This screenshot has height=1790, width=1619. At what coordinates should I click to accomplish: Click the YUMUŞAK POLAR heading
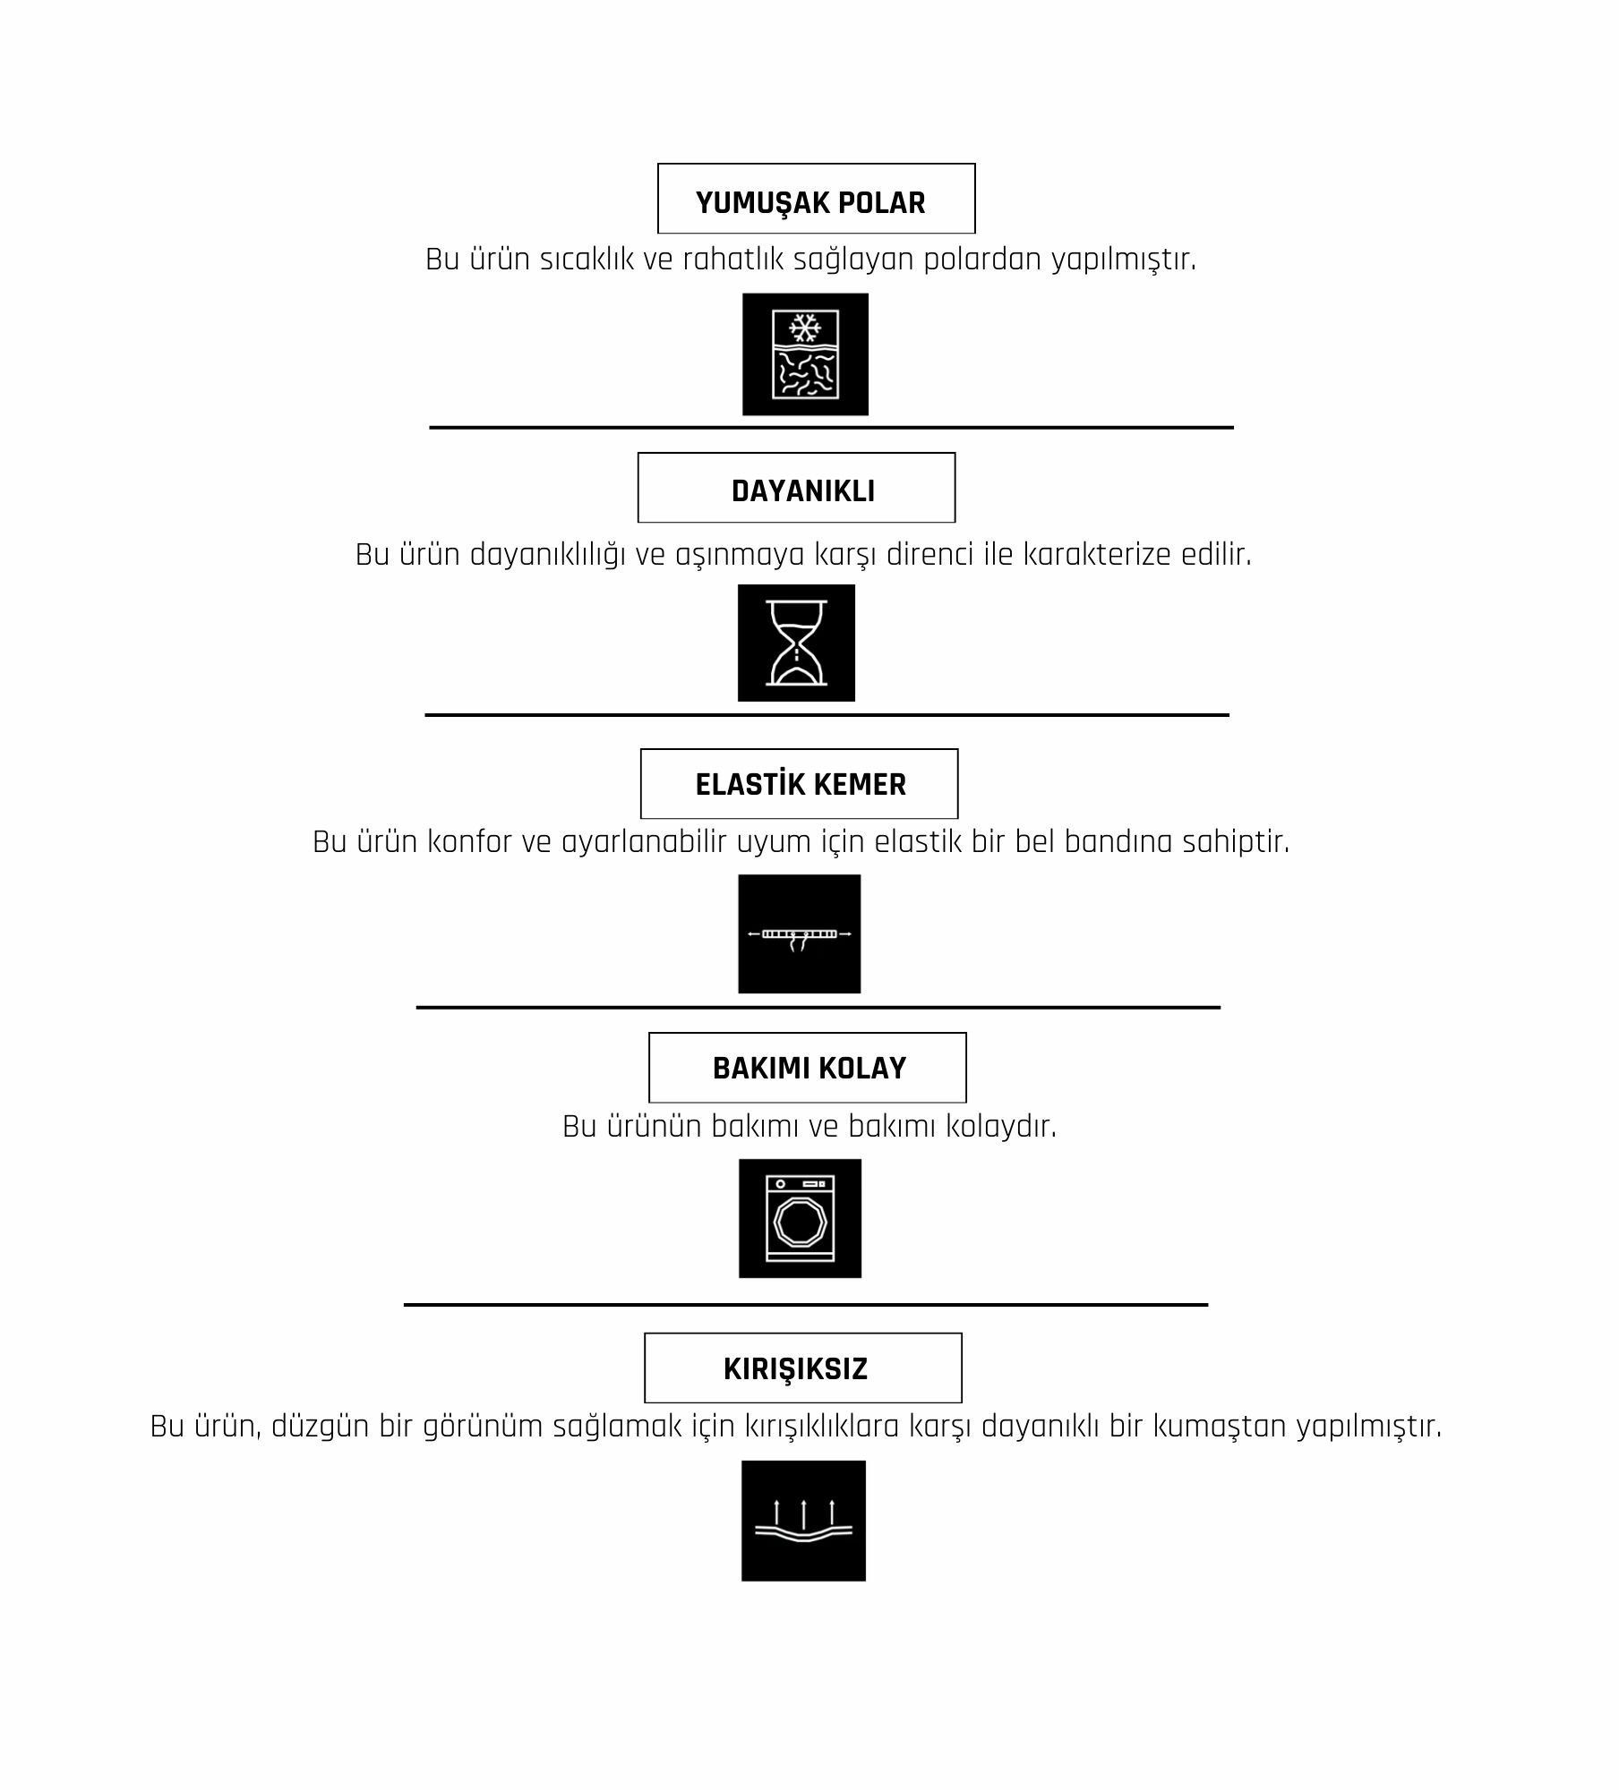pyautogui.click(x=810, y=203)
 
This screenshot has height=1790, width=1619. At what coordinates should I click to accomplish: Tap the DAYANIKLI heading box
pyautogui.click(x=796, y=488)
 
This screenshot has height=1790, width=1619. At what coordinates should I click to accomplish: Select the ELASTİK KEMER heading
pyautogui.click(x=801, y=784)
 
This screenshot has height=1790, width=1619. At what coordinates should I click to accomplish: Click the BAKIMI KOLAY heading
pyautogui.click(x=809, y=1068)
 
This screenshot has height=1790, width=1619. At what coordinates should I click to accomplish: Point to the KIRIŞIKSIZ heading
pyautogui.click(x=795, y=1368)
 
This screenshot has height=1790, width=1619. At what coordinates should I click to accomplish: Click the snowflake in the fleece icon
pyautogui.click(x=805, y=327)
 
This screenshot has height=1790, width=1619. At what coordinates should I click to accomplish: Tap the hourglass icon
pyautogui.click(x=796, y=643)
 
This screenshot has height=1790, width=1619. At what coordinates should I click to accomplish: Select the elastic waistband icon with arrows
pyautogui.click(x=800, y=933)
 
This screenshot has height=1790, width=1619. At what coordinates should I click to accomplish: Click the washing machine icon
pyautogui.click(x=800, y=1218)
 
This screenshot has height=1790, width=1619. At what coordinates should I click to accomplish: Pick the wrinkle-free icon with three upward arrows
pyautogui.click(x=803, y=1521)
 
